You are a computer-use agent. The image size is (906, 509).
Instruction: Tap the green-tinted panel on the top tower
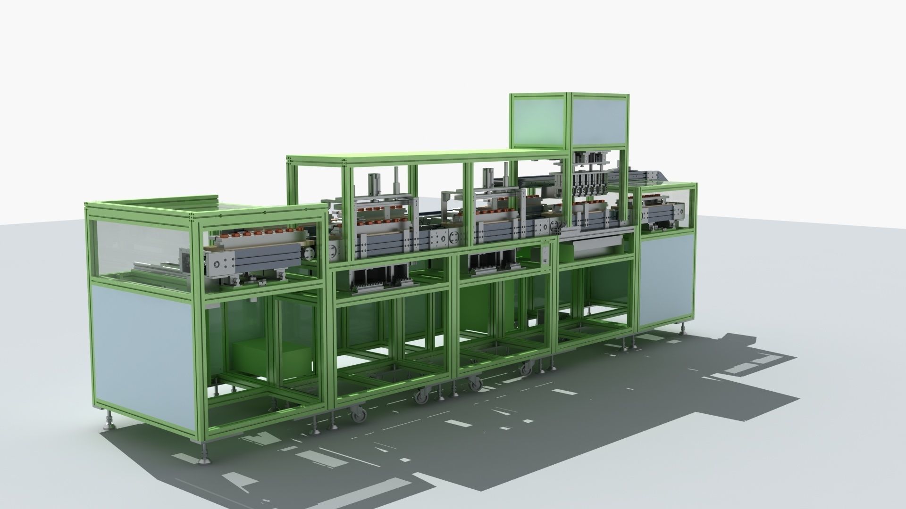pos(537,120)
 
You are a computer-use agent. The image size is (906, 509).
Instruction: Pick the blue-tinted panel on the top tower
pos(599,120)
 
